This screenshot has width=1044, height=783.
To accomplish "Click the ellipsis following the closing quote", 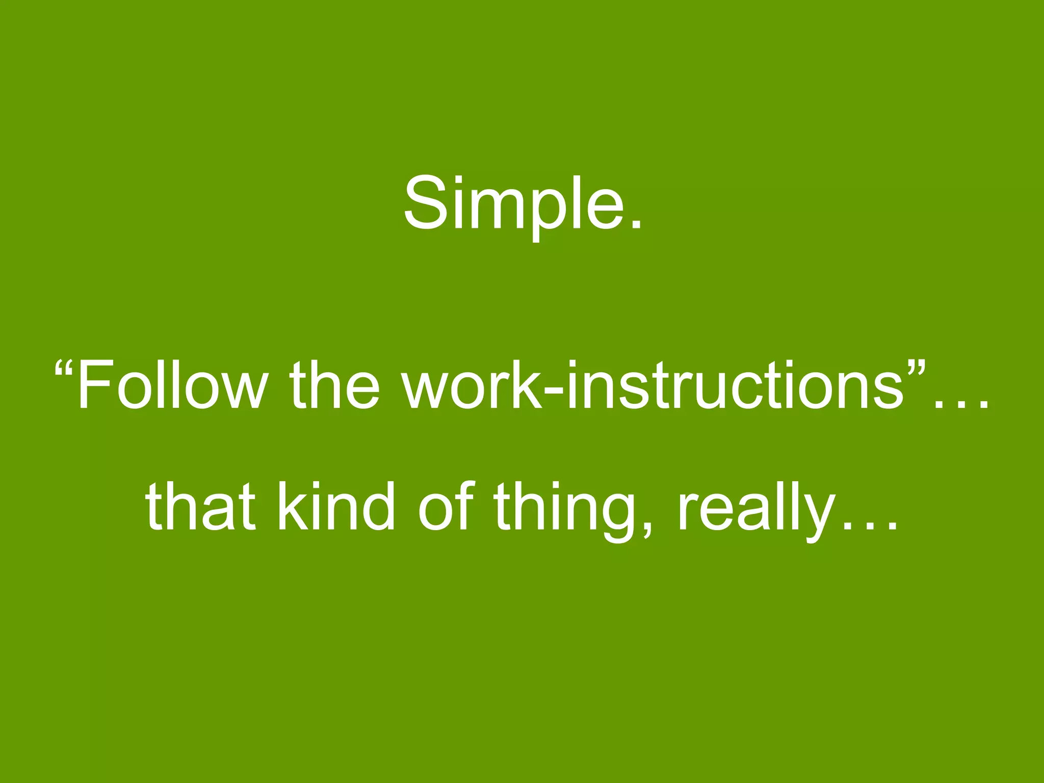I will tap(961, 405).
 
